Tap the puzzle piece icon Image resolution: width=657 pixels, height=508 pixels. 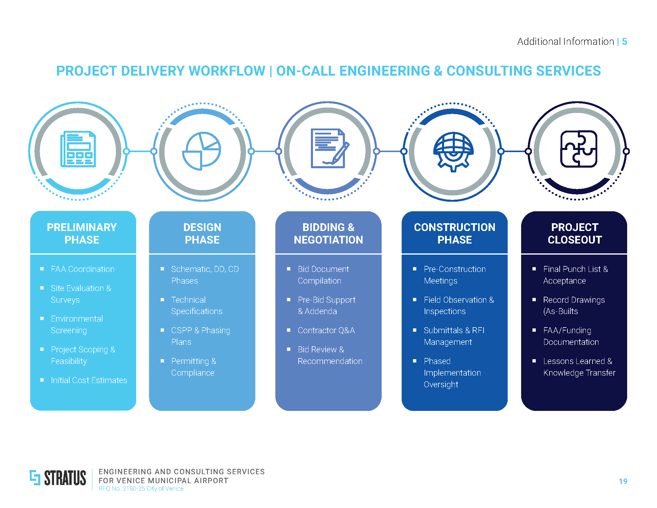point(578,149)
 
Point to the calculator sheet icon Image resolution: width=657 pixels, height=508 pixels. point(78,149)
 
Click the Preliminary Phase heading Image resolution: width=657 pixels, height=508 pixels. point(82,234)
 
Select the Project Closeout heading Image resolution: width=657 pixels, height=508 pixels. point(575,234)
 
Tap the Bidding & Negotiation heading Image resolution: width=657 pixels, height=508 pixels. point(328,234)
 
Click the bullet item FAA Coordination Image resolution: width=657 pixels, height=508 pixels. point(83,269)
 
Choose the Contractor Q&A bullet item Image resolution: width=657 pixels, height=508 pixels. point(326,330)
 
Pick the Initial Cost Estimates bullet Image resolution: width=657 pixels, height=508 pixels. point(89,380)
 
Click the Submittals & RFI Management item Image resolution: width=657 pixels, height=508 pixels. point(454,336)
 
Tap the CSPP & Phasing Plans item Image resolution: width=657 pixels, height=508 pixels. point(200,336)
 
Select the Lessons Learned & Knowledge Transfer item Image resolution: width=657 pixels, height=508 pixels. point(579,367)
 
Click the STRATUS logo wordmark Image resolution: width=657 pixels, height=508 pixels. point(65,478)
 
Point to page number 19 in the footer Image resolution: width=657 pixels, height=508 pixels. point(623,481)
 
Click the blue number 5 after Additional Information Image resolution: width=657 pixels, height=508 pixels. point(624,42)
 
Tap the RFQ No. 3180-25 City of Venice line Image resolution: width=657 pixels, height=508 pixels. point(141,489)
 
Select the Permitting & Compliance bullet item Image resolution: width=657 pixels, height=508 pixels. point(194,367)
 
